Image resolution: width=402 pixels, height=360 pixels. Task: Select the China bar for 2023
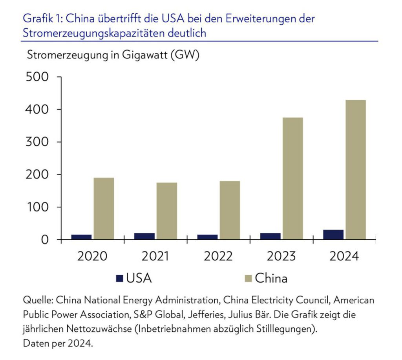[x=292, y=178]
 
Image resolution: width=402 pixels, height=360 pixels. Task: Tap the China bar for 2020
[x=104, y=209]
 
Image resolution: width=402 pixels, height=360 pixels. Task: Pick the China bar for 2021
[x=166, y=211]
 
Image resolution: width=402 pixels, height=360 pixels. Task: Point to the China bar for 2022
[x=230, y=210]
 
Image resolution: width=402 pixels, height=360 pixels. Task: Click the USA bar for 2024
[x=333, y=235]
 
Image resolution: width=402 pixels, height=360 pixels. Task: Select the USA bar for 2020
[x=82, y=237]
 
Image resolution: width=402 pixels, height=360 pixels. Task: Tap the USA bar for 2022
[x=207, y=237]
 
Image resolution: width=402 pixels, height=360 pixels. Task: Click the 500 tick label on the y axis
[x=38, y=77]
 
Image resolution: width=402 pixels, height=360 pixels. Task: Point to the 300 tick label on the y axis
[x=38, y=142]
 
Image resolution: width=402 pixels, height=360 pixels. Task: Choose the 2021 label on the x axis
[x=155, y=257]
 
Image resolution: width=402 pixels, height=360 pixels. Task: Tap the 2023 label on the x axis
[x=281, y=257]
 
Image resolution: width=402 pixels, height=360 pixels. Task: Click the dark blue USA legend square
[x=120, y=279]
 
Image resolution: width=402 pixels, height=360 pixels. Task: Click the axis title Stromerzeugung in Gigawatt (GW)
[x=113, y=55]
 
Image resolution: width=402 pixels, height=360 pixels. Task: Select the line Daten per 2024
[x=58, y=343]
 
